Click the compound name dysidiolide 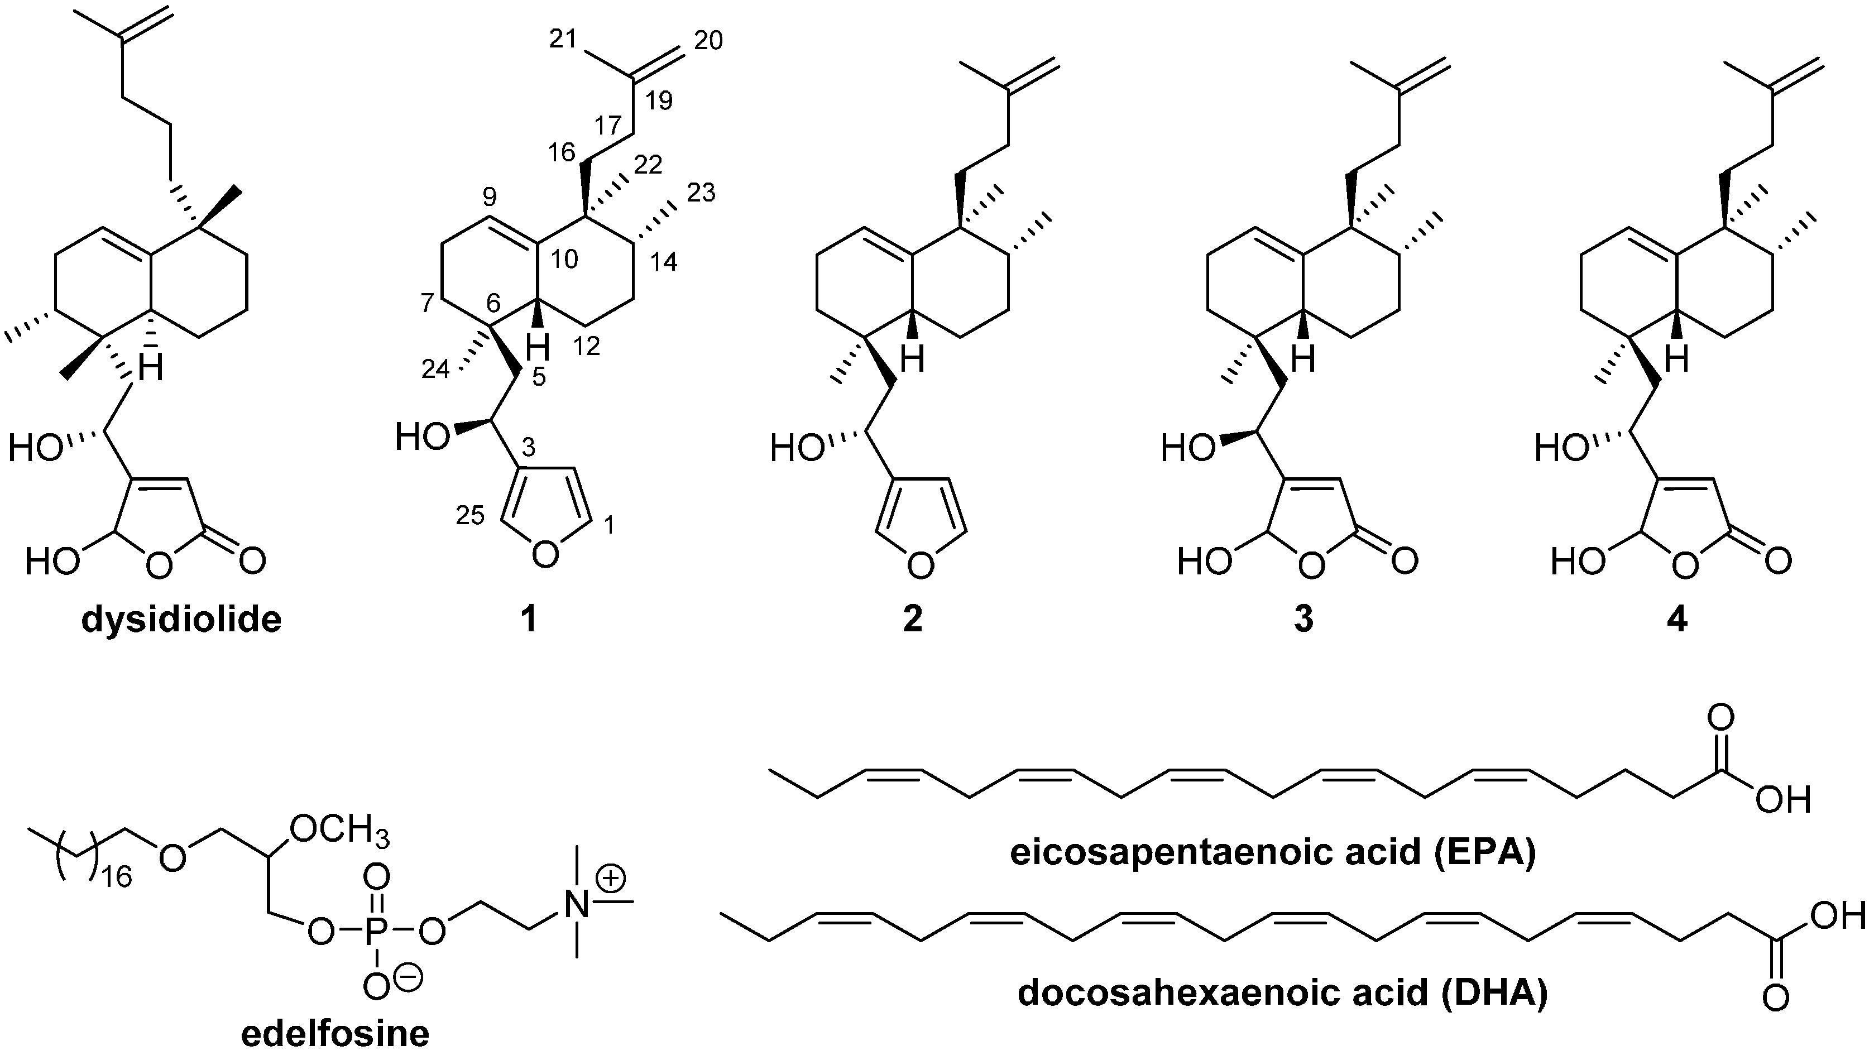[x=181, y=620]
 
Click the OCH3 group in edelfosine [x=339, y=831]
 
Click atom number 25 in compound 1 [x=469, y=515]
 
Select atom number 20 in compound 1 [x=708, y=41]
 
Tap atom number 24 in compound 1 [x=435, y=370]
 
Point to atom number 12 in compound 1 [x=587, y=347]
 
